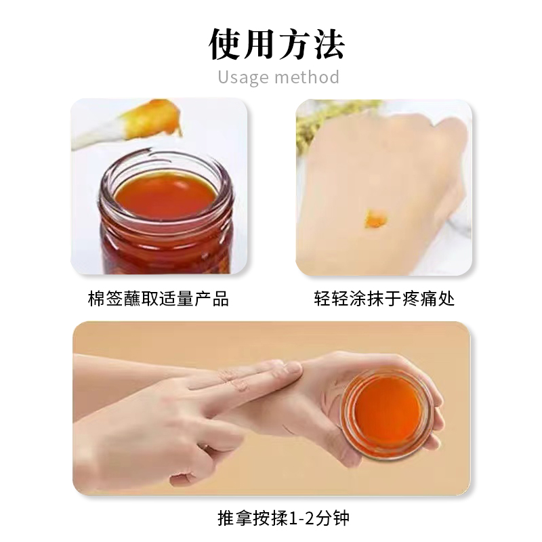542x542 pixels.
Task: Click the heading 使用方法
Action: coord(277,44)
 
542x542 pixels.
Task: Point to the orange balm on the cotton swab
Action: coord(156,117)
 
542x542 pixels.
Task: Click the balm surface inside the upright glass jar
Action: coord(165,196)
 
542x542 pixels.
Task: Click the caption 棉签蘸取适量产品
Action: coord(159,299)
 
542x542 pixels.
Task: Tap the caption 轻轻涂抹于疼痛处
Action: coord(384,299)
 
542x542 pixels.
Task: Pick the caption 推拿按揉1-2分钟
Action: coord(283,518)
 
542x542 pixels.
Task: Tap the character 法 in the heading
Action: coord(329,44)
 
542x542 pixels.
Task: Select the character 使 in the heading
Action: coord(225,44)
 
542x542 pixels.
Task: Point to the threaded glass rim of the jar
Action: coord(166,188)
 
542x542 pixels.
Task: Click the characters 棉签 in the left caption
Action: coord(106,299)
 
